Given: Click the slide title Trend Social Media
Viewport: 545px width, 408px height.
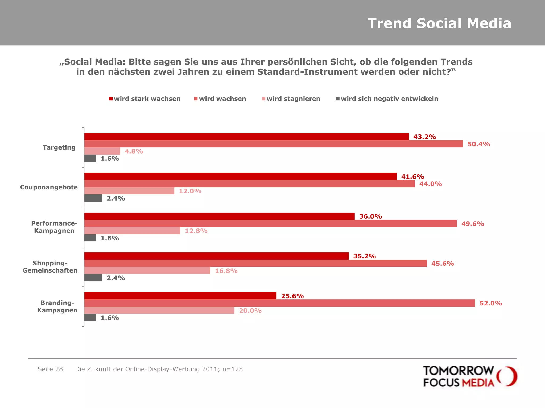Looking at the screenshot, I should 439,23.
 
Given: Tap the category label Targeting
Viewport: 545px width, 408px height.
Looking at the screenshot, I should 59,147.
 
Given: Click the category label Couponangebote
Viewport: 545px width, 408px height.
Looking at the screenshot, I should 49,187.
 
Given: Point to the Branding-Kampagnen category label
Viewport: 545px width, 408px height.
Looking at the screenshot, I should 57,307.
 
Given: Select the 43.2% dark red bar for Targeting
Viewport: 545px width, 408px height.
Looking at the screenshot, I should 246,137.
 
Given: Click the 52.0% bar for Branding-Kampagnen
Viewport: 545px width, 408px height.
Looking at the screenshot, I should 279,303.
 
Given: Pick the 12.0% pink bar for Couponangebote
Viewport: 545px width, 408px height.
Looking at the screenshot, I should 129,191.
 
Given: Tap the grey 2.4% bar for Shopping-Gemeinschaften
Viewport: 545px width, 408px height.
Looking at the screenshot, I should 93,278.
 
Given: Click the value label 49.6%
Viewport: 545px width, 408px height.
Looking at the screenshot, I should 473,224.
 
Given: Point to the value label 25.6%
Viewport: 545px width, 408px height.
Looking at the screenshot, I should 292,296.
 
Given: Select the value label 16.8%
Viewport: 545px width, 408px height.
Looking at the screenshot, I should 226,271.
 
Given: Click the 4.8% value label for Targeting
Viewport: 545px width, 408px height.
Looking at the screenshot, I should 134,151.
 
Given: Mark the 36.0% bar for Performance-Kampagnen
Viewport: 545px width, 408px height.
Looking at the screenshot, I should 219,216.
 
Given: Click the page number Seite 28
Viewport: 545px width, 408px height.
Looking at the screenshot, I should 50,369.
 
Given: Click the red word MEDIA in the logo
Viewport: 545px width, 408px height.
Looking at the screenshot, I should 478,383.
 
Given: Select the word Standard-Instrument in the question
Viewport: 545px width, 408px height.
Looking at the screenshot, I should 307,72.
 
